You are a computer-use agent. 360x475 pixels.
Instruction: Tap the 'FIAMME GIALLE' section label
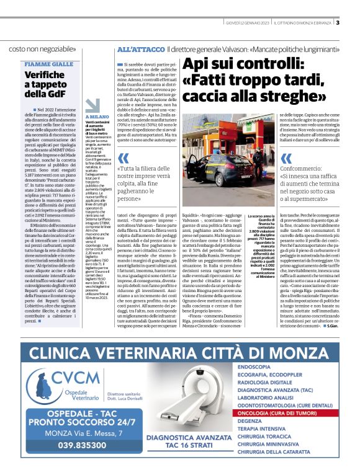coord(49,64)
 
